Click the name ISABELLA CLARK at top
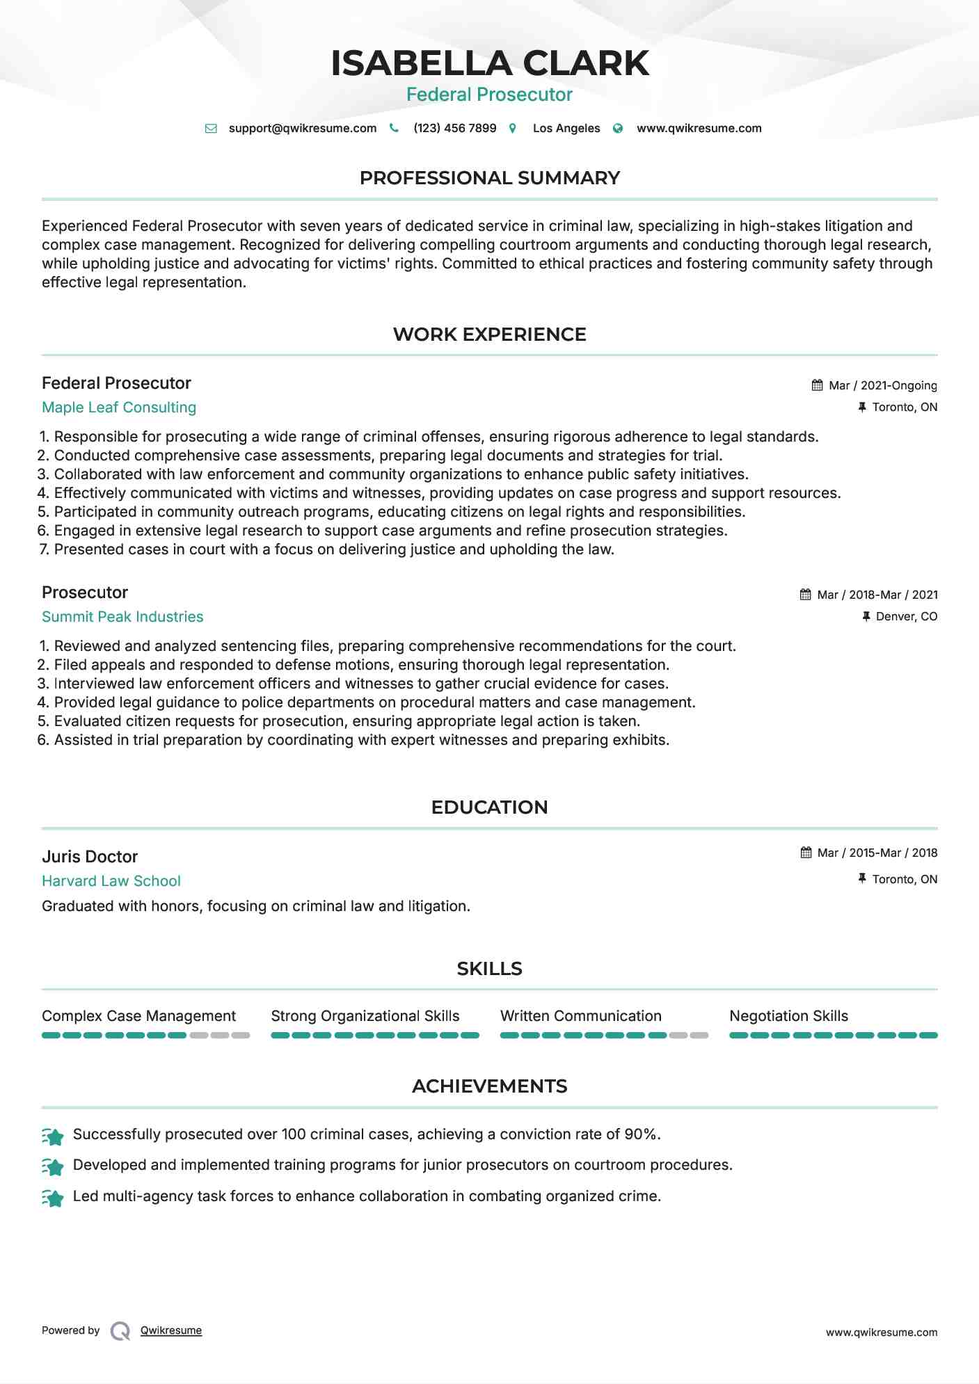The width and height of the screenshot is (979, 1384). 489,63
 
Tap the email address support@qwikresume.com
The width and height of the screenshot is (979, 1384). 302,128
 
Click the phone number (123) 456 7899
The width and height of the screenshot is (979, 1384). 454,128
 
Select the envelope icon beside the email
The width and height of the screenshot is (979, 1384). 211,129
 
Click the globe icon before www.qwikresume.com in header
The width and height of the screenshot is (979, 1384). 618,129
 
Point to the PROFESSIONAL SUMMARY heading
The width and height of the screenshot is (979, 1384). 489,178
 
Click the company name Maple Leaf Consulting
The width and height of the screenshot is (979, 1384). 119,408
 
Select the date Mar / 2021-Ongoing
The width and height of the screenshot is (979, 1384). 882,385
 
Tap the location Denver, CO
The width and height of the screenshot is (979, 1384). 906,616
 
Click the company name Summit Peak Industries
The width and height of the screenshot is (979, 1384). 122,617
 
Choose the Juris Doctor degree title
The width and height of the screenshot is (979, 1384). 90,857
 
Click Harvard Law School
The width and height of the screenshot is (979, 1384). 111,881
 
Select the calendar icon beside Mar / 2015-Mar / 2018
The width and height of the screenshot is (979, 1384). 806,853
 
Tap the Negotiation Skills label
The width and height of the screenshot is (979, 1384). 788,1016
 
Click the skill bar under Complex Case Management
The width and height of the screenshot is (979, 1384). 145,1036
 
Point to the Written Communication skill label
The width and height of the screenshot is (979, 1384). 580,1016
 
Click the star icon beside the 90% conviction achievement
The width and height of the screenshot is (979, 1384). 53,1136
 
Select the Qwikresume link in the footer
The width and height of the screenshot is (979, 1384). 171,1330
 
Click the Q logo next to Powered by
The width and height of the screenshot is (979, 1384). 120,1331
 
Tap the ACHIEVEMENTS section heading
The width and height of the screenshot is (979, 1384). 489,1086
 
